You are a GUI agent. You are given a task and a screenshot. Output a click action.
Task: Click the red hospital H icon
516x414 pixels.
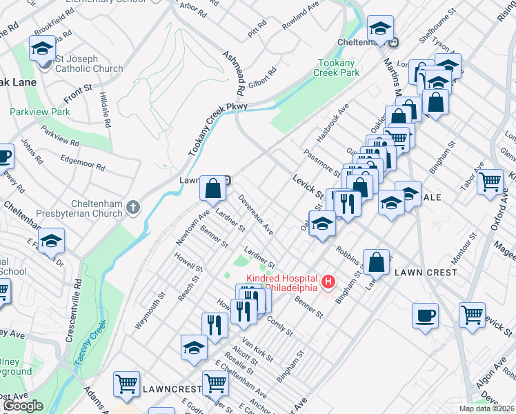[328, 282]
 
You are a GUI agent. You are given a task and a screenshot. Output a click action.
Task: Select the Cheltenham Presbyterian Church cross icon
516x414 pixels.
[132, 206]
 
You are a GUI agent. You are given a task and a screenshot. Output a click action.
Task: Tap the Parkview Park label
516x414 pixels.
[40, 112]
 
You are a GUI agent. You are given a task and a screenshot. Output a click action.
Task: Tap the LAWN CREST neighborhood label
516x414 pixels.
[425, 273]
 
